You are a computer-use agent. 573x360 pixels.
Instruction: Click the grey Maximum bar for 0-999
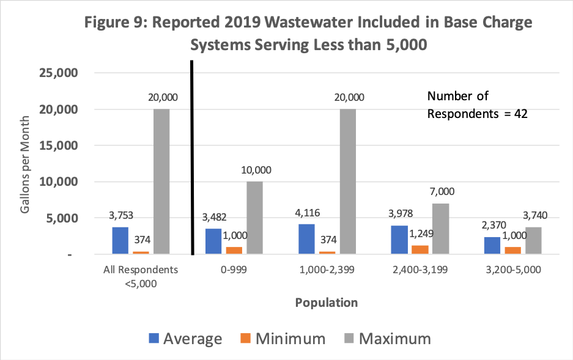click(x=254, y=218)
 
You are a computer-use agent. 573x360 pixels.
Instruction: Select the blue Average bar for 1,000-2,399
click(x=306, y=239)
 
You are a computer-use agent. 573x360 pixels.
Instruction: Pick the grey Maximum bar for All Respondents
click(x=161, y=182)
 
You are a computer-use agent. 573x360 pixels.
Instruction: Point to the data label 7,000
click(x=442, y=192)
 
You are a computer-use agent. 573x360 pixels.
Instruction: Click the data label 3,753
click(x=120, y=215)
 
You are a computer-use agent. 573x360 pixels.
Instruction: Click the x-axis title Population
click(x=326, y=302)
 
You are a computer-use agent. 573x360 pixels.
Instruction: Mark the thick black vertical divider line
click(x=193, y=159)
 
